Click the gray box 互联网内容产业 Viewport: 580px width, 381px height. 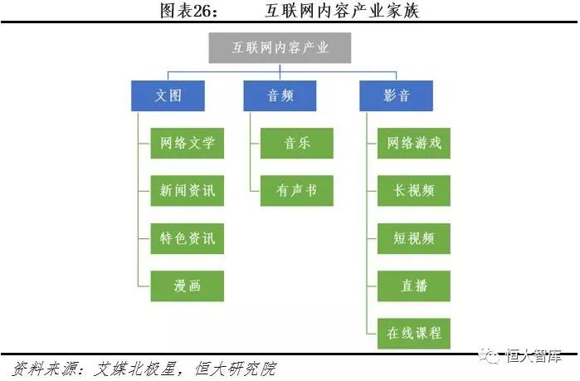click(x=280, y=48)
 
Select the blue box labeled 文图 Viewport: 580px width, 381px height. click(x=168, y=95)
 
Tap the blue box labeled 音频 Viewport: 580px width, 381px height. click(x=280, y=95)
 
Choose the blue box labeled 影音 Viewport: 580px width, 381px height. click(x=397, y=95)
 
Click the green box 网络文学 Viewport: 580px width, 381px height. click(x=188, y=143)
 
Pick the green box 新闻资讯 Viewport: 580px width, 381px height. click(x=188, y=190)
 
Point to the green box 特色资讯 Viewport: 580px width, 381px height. click(x=188, y=238)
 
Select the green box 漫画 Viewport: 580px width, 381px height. click(x=188, y=286)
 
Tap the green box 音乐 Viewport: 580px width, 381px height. click(x=297, y=143)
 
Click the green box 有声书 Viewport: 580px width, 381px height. click(x=297, y=190)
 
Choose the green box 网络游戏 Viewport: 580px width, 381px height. click(x=414, y=143)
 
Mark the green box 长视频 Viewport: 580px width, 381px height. click(x=414, y=190)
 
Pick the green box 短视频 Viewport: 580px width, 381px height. click(x=414, y=238)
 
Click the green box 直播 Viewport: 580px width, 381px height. click(x=414, y=286)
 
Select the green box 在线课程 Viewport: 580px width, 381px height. click(x=414, y=333)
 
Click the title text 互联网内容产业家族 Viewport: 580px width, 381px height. click(x=336, y=11)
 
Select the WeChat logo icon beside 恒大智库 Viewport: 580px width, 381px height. click(x=494, y=357)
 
